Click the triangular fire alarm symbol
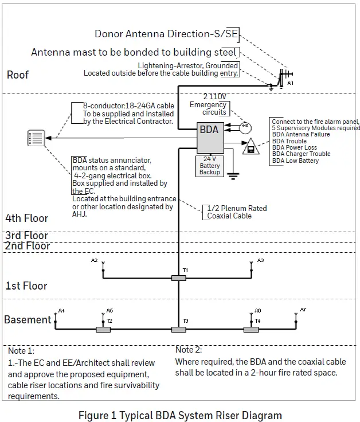tap(249, 149)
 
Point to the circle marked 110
tap(245, 126)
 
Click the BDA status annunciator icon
tap(36, 138)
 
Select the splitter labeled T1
tap(178, 278)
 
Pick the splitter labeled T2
tap(103, 330)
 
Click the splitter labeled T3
tap(178, 330)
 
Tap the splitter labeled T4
tap(251, 330)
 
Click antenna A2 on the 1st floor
tap(103, 266)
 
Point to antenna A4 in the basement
tap(55, 316)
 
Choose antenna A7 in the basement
tap(297, 316)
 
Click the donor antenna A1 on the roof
tap(281, 77)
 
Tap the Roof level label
tap(18, 75)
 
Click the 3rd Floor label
tap(27, 236)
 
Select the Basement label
tap(28, 320)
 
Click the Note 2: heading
tap(189, 350)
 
